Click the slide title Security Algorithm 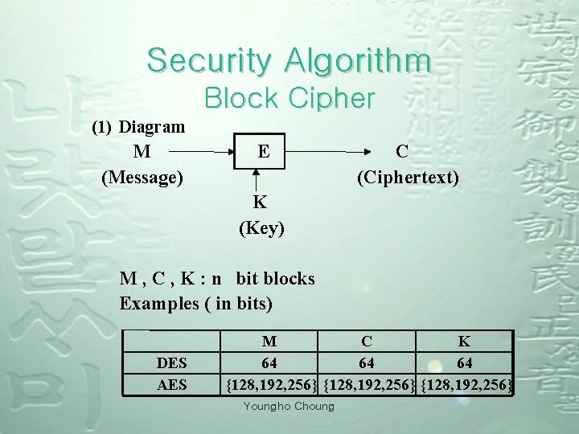[289, 60]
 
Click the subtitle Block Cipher [289, 98]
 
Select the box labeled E [262, 150]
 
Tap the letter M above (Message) [142, 150]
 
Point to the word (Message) [142, 175]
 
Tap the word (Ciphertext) [408, 175]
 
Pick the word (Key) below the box [262, 228]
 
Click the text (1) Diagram [138, 127]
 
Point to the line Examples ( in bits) [196, 304]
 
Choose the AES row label [172, 385]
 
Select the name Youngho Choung [289, 406]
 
